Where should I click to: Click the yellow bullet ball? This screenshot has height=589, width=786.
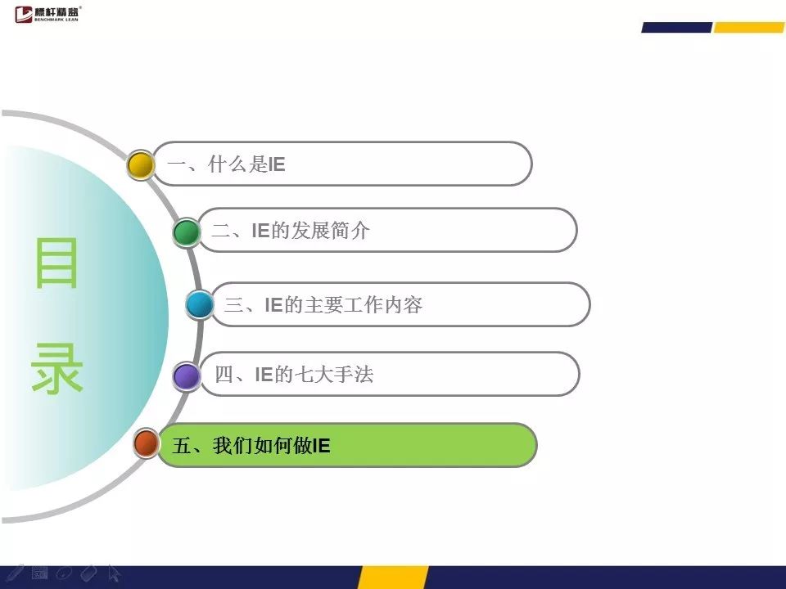pyautogui.click(x=140, y=164)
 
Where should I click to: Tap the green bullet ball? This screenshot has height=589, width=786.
pyautogui.click(x=187, y=232)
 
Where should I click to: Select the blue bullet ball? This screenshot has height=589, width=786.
pyautogui.click(x=200, y=304)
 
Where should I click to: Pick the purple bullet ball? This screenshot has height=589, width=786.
pyautogui.click(x=187, y=376)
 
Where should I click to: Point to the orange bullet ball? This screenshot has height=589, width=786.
pyautogui.click(x=147, y=443)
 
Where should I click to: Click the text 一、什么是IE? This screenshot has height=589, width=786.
pyautogui.click(x=226, y=164)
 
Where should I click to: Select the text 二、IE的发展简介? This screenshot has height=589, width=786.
pyautogui.click(x=291, y=231)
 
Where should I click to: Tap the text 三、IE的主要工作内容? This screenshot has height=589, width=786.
pyautogui.click(x=323, y=304)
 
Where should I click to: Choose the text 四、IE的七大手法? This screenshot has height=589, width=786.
pyautogui.click(x=294, y=374)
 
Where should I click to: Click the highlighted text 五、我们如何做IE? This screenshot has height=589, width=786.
pyautogui.click(x=251, y=445)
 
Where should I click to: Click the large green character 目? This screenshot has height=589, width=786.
pyautogui.click(x=56, y=263)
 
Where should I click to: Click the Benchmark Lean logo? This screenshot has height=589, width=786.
pyautogui.click(x=47, y=14)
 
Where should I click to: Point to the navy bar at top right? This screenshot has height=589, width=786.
pyautogui.click(x=677, y=28)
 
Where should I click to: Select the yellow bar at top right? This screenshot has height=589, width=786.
pyautogui.click(x=749, y=28)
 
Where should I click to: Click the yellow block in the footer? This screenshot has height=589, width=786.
pyautogui.click(x=393, y=578)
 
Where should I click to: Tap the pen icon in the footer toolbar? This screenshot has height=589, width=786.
pyautogui.click(x=14, y=573)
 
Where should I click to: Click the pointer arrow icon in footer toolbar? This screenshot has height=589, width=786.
pyautogui.click(x=114, y=573)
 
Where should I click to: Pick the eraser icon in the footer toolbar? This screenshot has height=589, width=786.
pyautogui.click(x=88, y=573)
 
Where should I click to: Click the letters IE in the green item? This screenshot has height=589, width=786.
pyautogui.click(x=321, y=445)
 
